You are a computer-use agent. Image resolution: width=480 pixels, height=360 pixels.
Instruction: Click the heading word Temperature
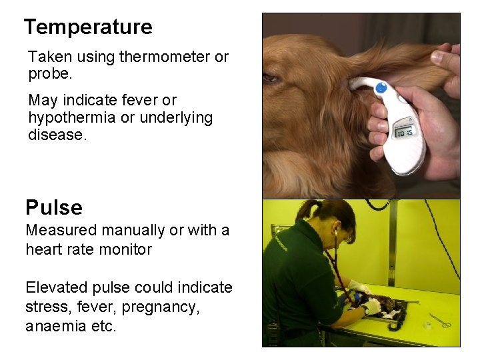(x=88, y=27)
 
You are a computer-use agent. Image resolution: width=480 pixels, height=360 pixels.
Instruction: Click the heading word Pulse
(x=54, y=208)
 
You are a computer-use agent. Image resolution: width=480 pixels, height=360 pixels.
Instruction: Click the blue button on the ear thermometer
(x=381, y=87)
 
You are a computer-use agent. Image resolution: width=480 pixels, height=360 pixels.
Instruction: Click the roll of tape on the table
(x=427, y=325)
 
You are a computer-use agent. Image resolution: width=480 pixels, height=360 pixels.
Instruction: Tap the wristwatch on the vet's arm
(x=365, y=310)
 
